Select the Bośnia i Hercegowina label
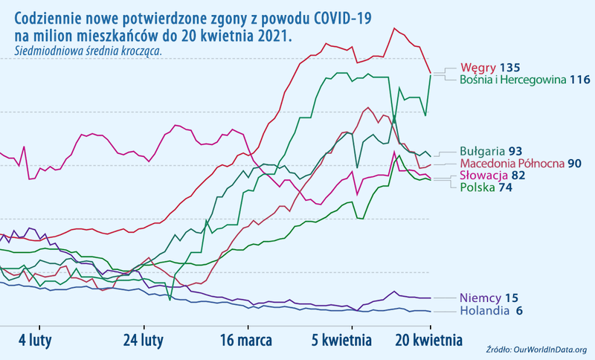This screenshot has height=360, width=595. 513,80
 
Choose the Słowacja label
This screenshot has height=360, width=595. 484,175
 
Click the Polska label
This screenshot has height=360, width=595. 477,187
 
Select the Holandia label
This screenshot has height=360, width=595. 485,311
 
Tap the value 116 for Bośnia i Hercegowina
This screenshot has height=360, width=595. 580,80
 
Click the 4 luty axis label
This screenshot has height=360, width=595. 33,340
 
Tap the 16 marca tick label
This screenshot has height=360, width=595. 248,340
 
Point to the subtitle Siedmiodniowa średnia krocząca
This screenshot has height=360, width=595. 87,51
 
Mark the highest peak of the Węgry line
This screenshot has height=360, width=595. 394,28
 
